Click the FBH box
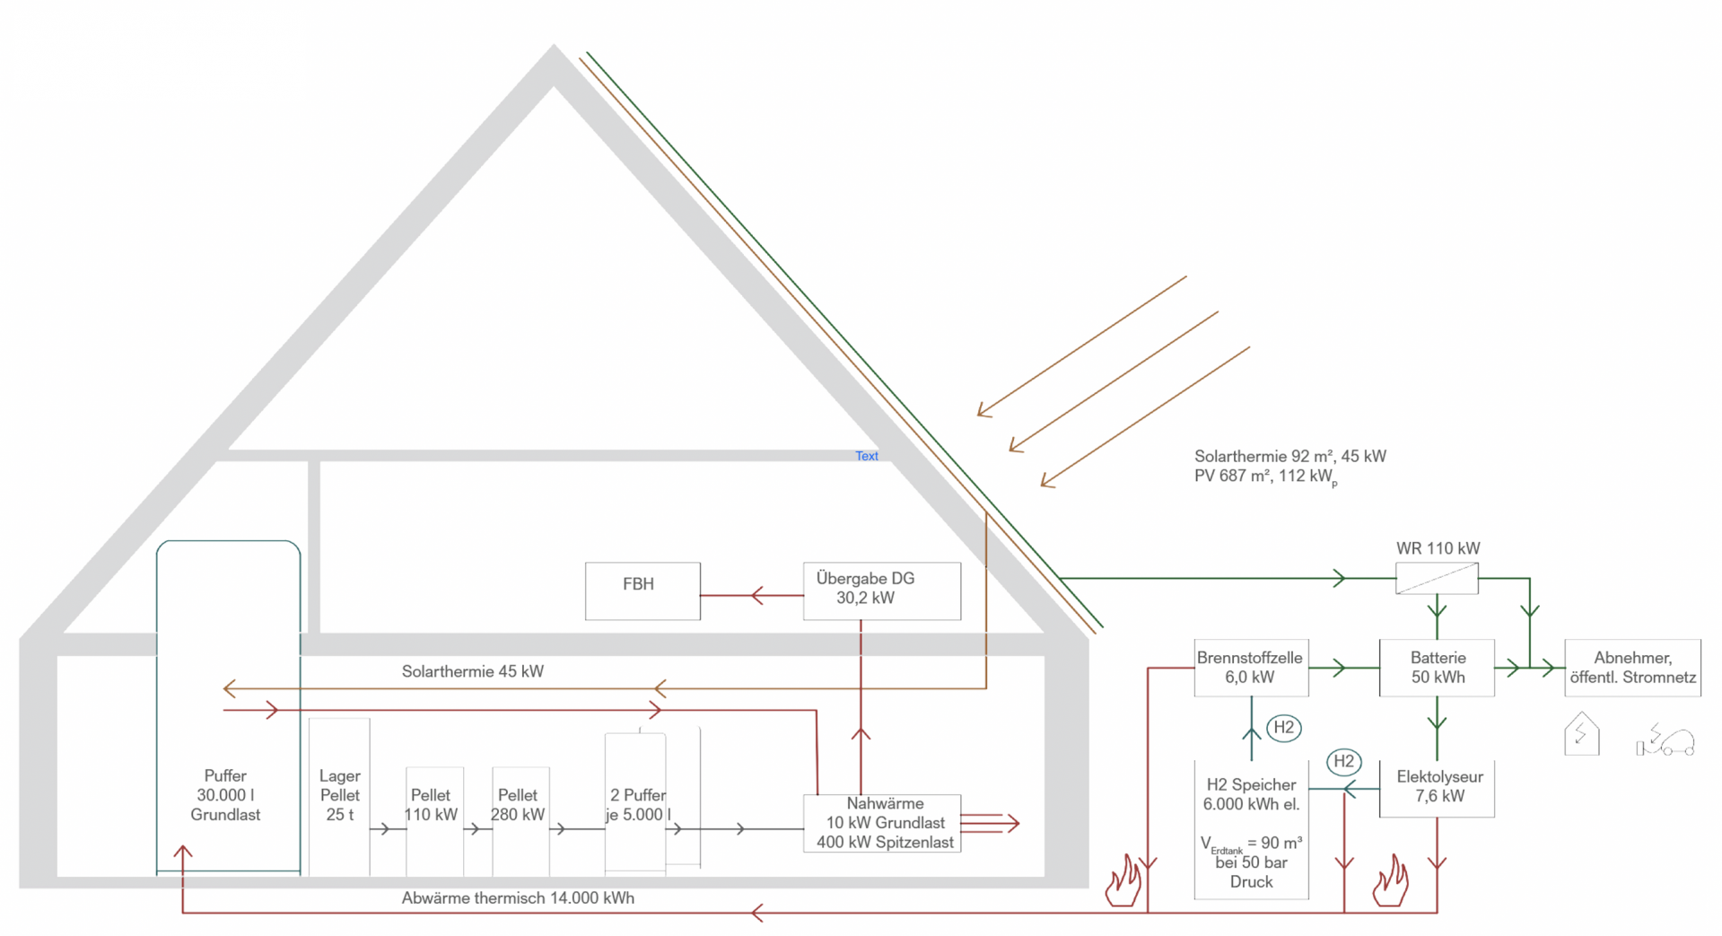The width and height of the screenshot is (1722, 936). (x=642, y=590)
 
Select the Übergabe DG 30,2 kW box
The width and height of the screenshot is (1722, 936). (x=881, y=590)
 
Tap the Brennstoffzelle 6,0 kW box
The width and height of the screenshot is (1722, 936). (x=1250, y=668)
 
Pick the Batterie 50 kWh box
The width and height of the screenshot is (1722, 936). (x=1437, y=668)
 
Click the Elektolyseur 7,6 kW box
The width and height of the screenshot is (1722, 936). (x=1437, y=787)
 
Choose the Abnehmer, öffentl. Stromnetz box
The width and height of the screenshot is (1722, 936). (x=1632, y=668)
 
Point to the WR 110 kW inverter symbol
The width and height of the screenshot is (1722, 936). (x=1437, y=578)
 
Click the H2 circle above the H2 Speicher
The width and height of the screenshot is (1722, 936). (x=1283, y=728)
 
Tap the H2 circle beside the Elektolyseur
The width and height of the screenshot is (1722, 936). (x=1343, y=762)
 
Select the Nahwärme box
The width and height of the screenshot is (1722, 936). (x=883, y=823)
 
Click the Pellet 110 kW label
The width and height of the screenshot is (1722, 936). (x=431, y=805)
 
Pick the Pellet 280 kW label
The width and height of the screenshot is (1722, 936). (x=518, y=805)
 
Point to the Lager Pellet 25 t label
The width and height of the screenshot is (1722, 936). (x=339, y=795)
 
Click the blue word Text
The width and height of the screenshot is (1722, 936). (x=867, y=456)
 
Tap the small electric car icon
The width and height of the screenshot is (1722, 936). (x=1665, y=740)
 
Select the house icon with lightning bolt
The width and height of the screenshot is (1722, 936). (x=1581, y=734)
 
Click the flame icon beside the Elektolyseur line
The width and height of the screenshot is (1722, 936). (x=1390, y=881)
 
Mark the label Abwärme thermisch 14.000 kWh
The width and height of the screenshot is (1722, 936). (x=518, y=898)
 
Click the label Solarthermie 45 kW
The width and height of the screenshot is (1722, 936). (x=472, y=671)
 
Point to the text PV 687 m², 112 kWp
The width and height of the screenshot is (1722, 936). (x=1265, y=477)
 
